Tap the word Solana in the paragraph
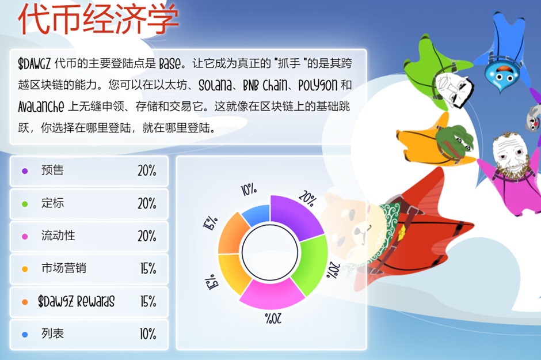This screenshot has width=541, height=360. [x=215, y=85]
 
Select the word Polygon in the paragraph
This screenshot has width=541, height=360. [x=318, y=85]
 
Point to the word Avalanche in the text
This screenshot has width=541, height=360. [x=41, y=107]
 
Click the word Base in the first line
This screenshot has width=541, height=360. [x=170, y=63]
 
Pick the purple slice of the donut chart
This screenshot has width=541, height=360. [x=295, y=216]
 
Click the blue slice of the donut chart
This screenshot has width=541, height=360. [x=256, y=215]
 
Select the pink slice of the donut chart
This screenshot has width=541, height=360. [x=271, y=293]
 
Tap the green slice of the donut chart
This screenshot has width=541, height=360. [x=311, y=264]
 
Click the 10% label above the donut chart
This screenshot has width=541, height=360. [x=249, y=189]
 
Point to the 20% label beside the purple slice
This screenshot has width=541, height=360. [x=307, y=199]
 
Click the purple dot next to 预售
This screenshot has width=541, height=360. [x=25, y=171]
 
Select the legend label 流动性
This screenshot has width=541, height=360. [x=58, y=236]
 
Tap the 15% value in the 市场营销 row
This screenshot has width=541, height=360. [x=148, y=268]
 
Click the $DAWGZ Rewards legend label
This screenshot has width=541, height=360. [x=76, y=301]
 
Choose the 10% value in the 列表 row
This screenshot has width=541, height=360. [x=148, y=334]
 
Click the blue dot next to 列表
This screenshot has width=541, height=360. [x=25, y=335]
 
